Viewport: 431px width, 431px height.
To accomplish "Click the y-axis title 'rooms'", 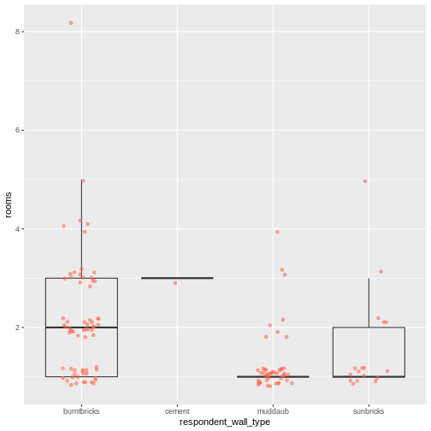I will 9,204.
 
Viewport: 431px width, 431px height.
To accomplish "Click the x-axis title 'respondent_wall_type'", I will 225,422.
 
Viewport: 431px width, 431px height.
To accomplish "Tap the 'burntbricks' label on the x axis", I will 81,410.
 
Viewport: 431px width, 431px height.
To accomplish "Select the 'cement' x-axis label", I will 177,410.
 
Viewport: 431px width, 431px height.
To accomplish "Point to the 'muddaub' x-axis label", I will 273,410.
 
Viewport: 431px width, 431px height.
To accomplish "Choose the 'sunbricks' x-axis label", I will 369,410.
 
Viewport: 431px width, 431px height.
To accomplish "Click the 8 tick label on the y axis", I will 18,32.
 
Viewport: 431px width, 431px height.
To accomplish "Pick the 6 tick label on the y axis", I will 18,130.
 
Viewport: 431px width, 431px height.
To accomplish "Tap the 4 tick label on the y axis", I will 18,229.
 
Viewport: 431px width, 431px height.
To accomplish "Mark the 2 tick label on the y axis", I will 18,328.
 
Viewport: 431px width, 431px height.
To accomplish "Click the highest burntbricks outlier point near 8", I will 71,23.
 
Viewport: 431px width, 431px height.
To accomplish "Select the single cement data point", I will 175,283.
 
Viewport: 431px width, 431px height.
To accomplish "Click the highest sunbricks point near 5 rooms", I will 365,181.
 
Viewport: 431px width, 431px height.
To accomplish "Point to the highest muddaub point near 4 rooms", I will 277,232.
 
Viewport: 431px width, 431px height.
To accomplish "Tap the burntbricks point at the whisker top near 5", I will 83,181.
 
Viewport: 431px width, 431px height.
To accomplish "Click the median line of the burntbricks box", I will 81,328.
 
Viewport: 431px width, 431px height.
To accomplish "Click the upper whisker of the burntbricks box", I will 81,231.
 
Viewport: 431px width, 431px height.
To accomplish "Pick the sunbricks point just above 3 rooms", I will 381,272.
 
